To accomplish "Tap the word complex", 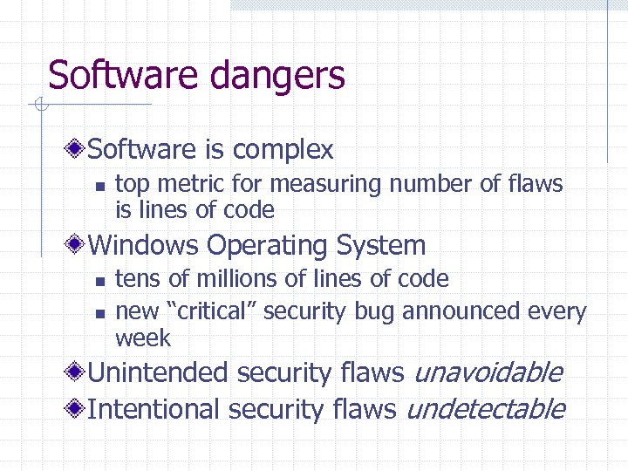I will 283,150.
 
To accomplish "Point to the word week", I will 143,338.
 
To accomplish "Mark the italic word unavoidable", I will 487,373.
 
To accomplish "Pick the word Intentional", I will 154,408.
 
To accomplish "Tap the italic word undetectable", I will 486,408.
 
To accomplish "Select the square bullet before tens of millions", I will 99,281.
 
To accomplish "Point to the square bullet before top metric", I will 99,186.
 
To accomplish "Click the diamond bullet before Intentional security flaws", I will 78,408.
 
